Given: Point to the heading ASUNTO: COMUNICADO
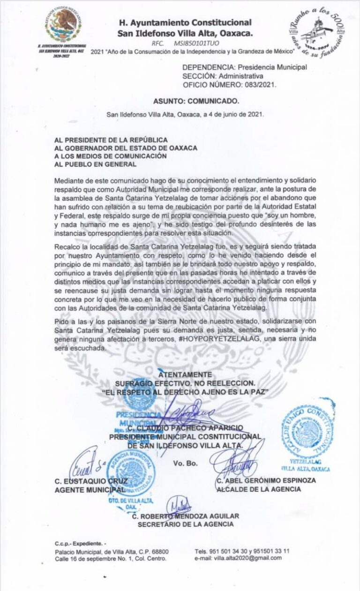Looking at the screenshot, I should [x=196, y=101].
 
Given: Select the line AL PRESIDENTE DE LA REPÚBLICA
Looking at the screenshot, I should [x=111, y=139].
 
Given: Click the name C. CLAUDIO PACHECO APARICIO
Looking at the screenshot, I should [x=185, y=428].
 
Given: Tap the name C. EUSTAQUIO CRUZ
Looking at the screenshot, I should [x=84, y=480].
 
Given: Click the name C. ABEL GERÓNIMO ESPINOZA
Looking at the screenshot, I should [x=266, y=480].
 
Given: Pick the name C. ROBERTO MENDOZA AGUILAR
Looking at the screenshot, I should [x=186, y=516].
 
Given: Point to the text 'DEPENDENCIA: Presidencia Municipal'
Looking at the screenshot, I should [x=245, y=67].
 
